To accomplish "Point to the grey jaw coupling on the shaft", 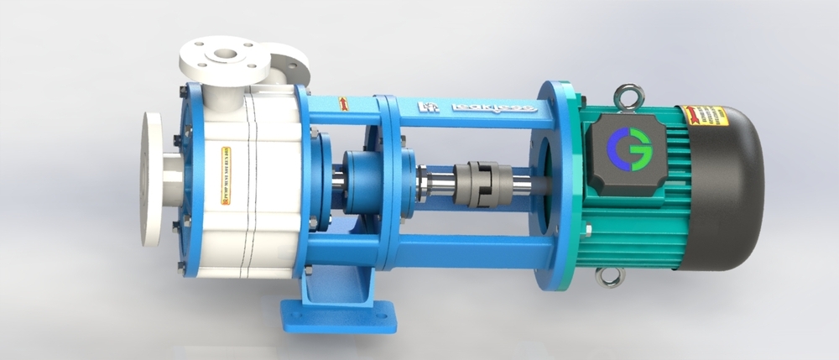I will tap(472, 179).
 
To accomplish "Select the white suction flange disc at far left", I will tap(153, 178).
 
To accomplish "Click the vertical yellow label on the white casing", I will tap(225, 175).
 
